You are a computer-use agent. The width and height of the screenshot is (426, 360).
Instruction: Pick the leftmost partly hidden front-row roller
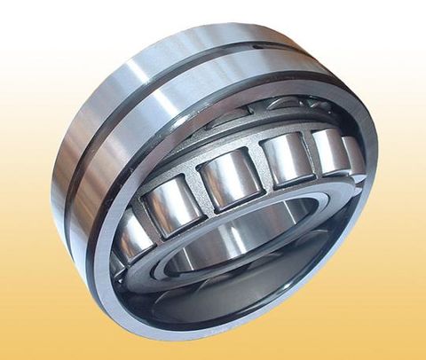[x=135, y=238]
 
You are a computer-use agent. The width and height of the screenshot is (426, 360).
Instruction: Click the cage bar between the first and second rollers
[x=151, y=217]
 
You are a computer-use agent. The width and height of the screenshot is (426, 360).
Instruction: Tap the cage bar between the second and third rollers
[x=197, y=187]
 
